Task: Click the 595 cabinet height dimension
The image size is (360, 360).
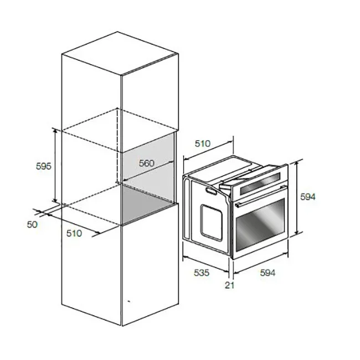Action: point(44,166)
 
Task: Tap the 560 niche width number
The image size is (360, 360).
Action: point(146,163)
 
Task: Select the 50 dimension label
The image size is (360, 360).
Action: point(32,224)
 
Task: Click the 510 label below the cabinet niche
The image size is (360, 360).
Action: point(74,233)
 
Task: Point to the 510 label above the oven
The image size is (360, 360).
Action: point(203,143)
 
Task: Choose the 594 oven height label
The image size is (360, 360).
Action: point(308,197)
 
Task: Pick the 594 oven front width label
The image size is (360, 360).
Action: point(268,272)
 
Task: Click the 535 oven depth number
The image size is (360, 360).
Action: point(202,272)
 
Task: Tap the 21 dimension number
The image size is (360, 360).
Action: point(230,285)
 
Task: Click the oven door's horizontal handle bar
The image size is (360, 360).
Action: point(261,196)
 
